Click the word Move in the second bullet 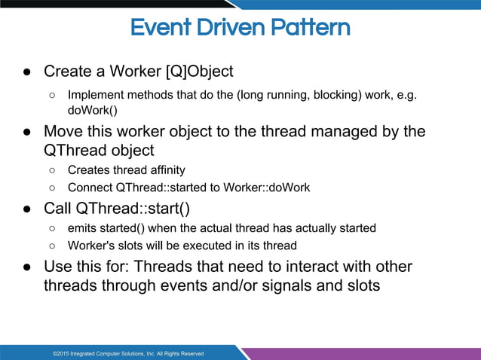point(63,132)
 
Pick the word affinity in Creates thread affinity point(162,170)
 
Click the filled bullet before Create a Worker point(26,72)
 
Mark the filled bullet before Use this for point(26,268)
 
